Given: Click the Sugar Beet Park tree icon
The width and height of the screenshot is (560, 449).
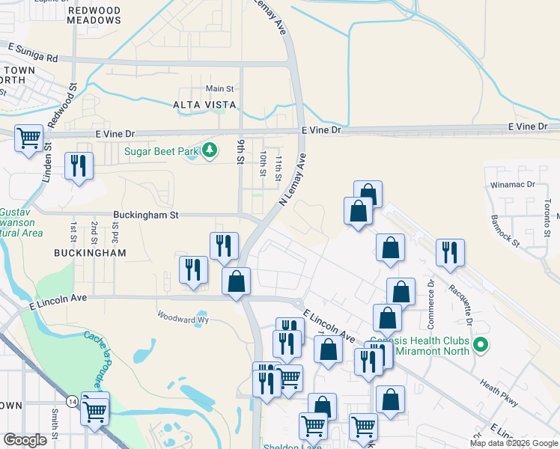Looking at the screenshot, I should click(x=211, y=150).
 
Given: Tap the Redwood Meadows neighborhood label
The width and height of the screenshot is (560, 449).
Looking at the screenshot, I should click(x=94, y=15).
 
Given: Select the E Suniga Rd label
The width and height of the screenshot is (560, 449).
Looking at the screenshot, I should click(x=33, y=52).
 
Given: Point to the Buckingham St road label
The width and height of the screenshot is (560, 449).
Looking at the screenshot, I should click(x=146, y=215).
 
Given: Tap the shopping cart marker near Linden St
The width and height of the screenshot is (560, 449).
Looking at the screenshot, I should click(x=28, y=138).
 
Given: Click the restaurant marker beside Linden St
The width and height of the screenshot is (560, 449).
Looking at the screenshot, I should click(x=79, y=166).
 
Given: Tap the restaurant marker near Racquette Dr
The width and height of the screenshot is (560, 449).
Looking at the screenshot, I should click(x=449, y=253).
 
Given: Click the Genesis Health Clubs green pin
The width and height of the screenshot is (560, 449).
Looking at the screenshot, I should click(x=481, y=346).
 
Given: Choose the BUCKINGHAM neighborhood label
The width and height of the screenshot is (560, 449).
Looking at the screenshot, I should click(x=90, y=254).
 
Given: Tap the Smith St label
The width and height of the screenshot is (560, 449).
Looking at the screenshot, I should click(x=55, y=427).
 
